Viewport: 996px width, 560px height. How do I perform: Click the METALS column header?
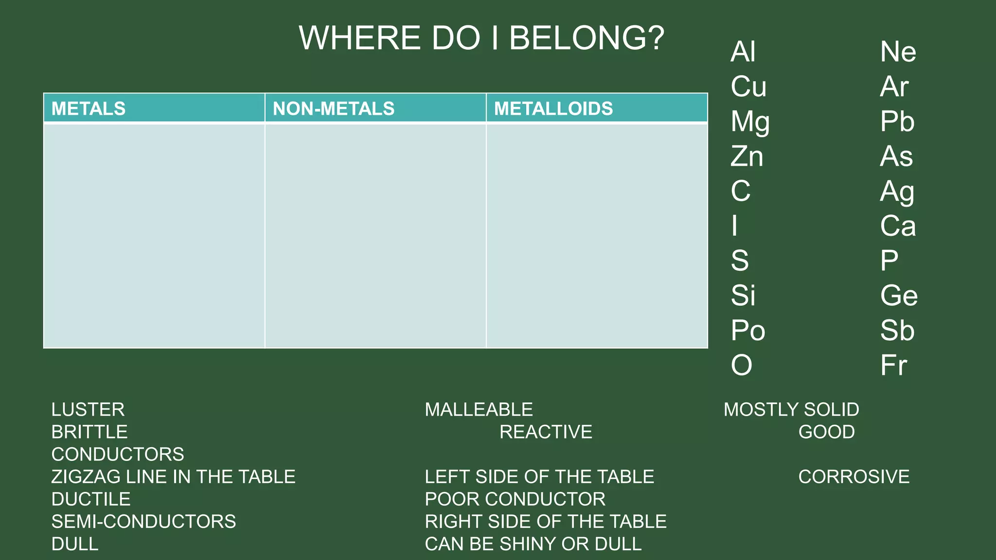click(x=89, y=108)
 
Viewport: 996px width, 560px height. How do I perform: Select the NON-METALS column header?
click(x=334, y=108)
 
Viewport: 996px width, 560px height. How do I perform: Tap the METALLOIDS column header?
click(x=553, y=108)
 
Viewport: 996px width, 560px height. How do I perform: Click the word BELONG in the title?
click(x=586, y=38)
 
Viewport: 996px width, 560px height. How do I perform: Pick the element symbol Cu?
click(x=748, y=87)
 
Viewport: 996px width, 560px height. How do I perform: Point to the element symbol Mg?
click(x=750, y=122)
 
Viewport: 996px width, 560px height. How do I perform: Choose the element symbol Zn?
click(x=747, y=157)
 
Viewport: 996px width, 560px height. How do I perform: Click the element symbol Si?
click(x=743, y=296)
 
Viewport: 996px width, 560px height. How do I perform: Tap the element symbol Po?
click(x=748, y=331)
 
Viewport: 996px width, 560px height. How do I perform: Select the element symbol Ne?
click(x=898, y=52)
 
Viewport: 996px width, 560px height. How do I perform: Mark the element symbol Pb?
click(x=897, y=122)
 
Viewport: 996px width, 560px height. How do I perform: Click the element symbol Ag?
click(x=897, y=192)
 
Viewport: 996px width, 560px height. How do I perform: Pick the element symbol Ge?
click(x=899, y=296)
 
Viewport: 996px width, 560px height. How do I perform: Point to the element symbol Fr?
click(x=893, y=365)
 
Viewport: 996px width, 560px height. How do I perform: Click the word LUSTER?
click(x=88, y=409)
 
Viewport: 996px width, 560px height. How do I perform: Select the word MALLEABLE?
click(x=479, y=409)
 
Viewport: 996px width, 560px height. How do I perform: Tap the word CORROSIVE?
click(x=854, y=476)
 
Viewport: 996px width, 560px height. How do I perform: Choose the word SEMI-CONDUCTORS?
click(x=143, y=521)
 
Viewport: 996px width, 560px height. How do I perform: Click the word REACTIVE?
click(x=546, y=432)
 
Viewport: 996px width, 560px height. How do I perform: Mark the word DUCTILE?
click(x=91, y=499)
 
